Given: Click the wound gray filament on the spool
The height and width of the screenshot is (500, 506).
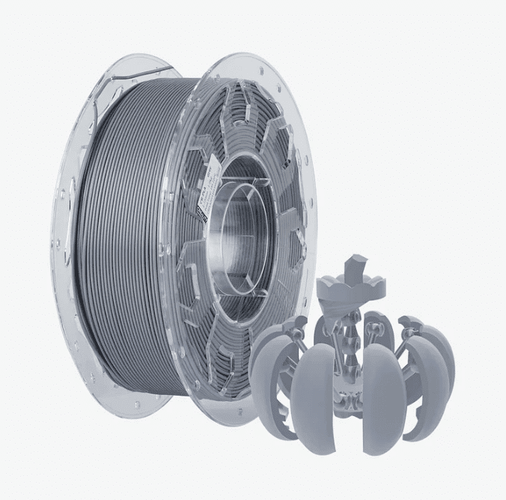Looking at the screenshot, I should [127, 225].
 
